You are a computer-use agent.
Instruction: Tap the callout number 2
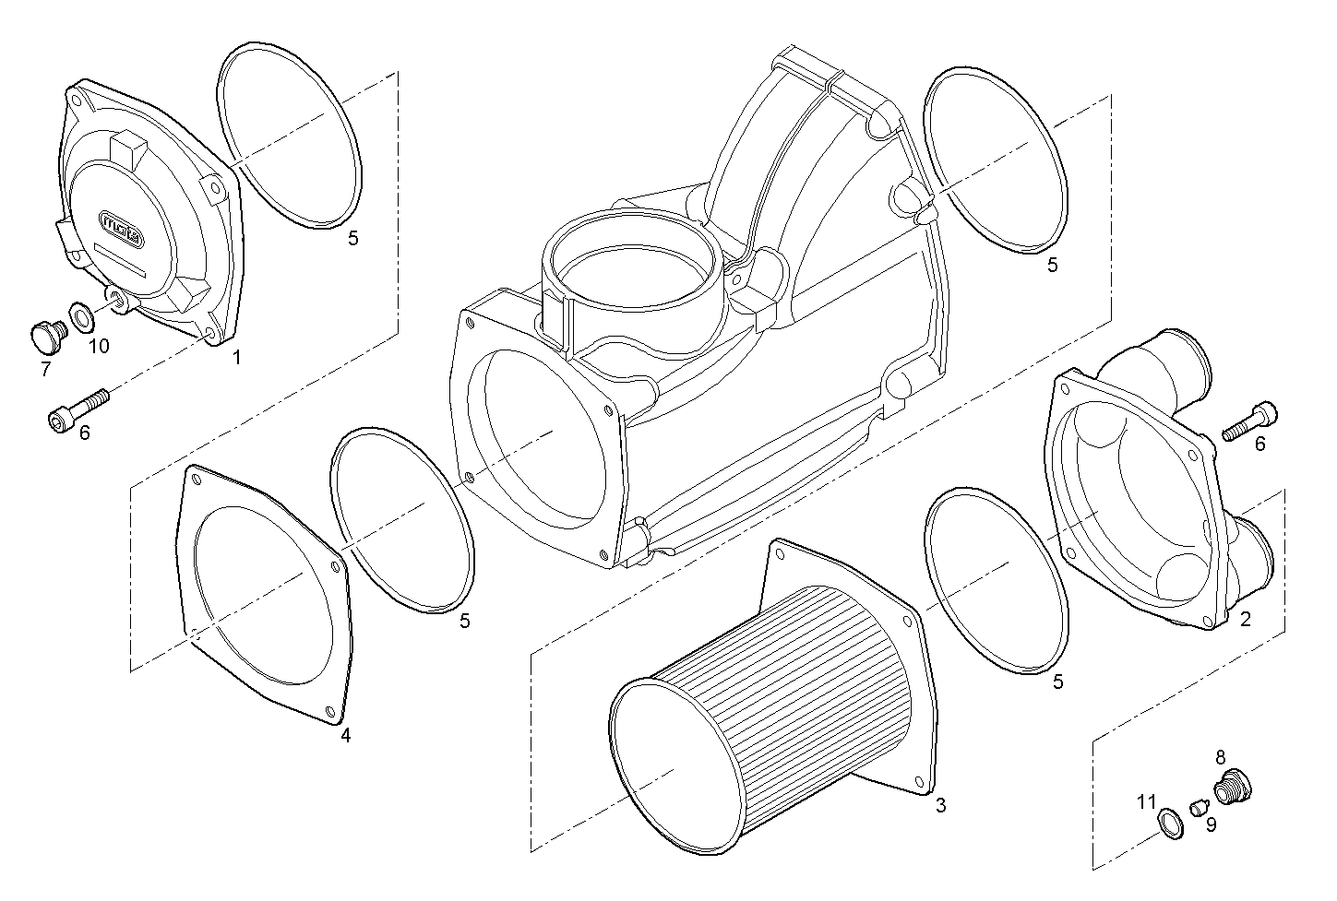click(1245, 619)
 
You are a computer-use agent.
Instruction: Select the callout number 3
click(940, 805)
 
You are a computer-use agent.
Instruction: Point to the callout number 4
click(345, 735)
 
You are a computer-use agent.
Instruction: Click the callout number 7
click(45, 369)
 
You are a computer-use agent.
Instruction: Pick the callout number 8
click(1220, 757)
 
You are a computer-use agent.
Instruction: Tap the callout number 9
click(1211, 824)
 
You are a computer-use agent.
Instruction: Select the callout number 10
click(99, 346)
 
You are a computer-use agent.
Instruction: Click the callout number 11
click(1146, 800)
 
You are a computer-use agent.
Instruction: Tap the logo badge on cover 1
click(121, 225)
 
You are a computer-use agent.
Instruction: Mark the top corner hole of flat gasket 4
click(195, 476)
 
